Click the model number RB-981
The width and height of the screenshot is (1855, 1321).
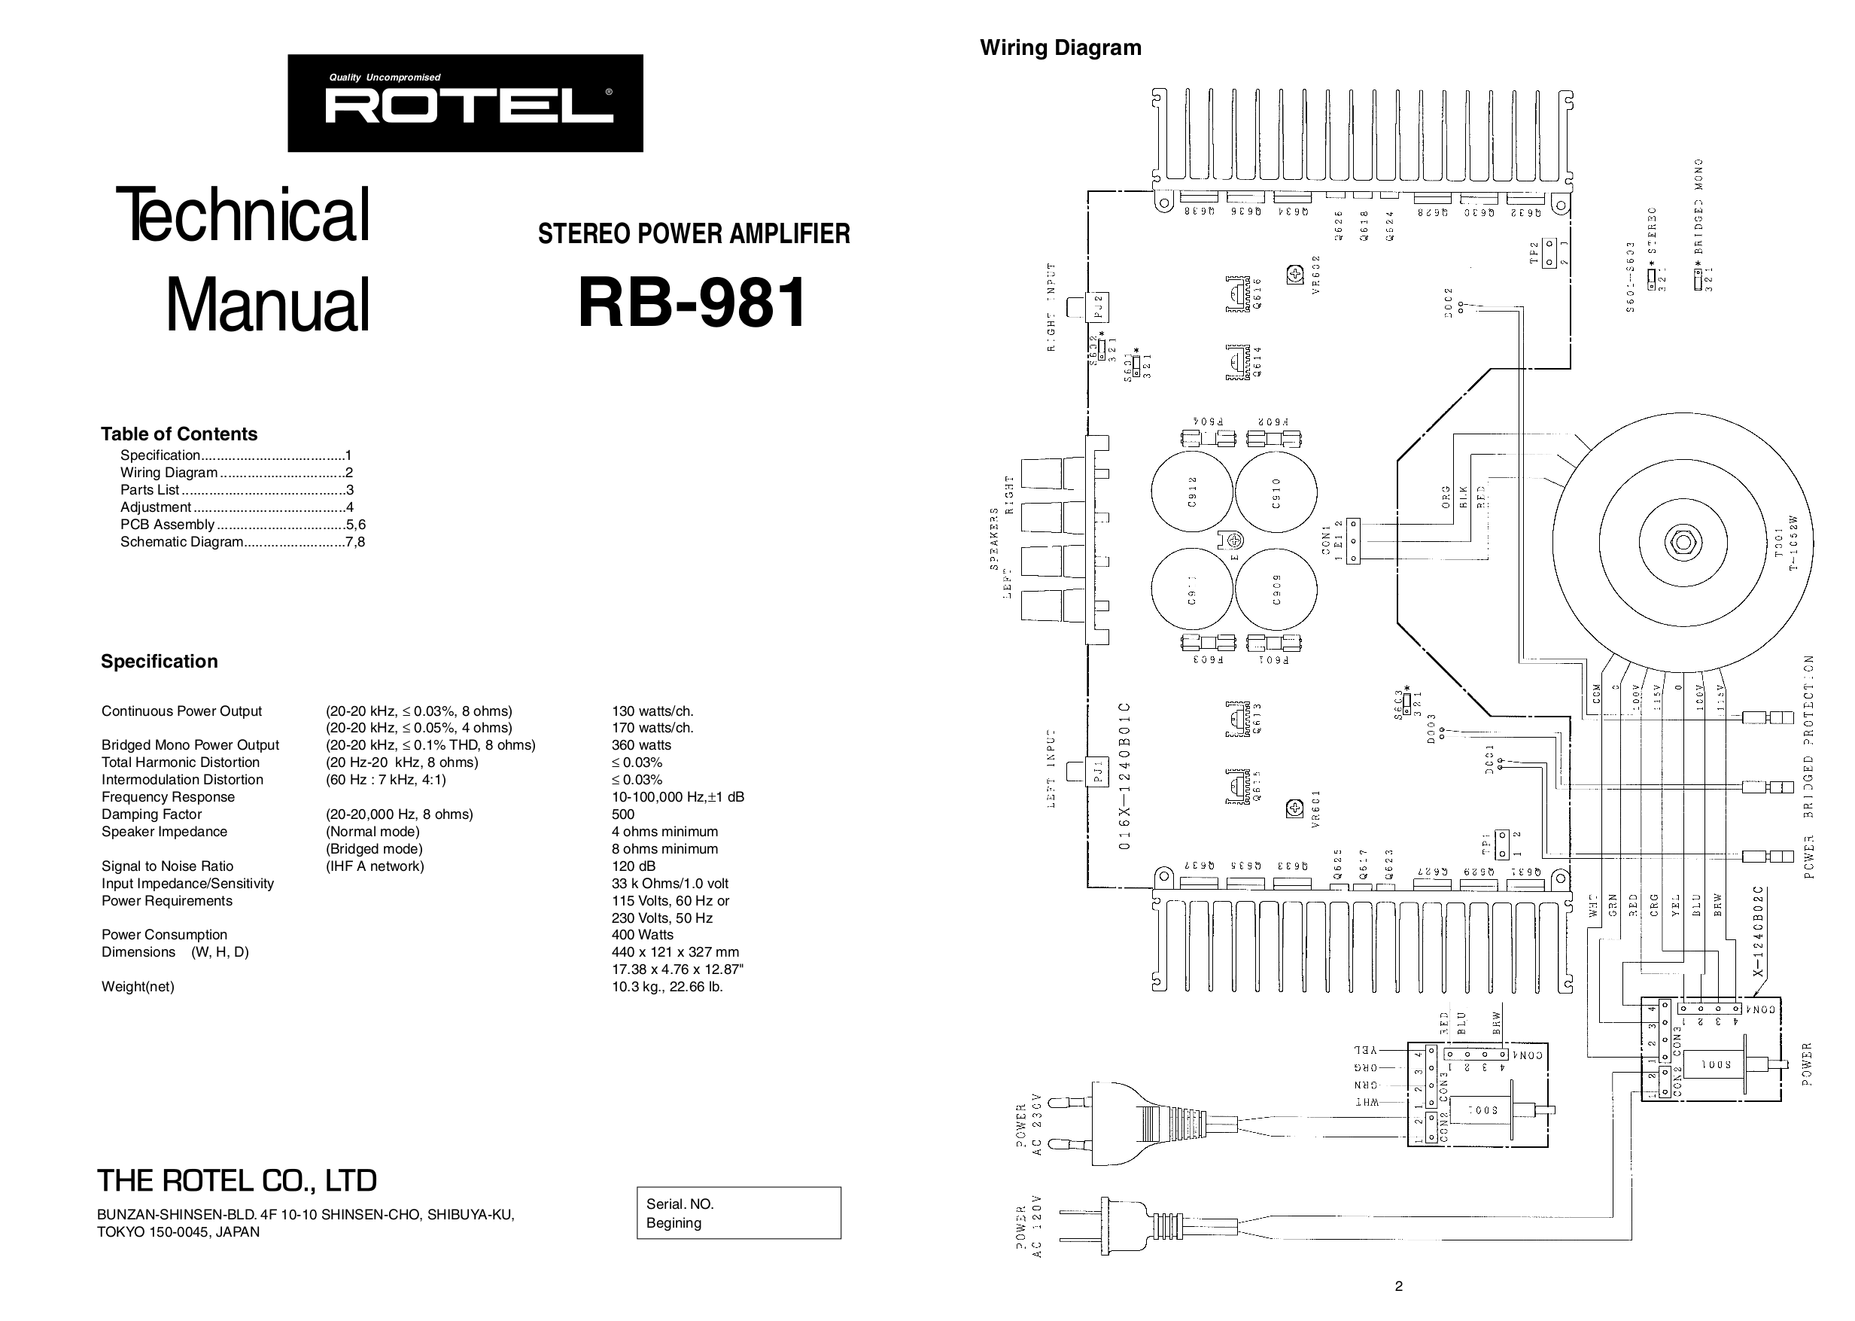coord(693,303)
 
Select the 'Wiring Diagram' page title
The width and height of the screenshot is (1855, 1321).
coord(1060,48)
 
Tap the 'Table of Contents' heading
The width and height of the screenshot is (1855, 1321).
coord(179,434)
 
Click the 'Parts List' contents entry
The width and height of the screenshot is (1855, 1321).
coord(150,490)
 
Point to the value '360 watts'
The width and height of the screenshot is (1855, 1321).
coord(641,745)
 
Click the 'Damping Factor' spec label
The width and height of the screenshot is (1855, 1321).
coord(151,814)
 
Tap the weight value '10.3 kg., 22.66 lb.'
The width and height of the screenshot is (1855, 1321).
coord(667,987)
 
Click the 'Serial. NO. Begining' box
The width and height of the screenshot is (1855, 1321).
coord(738,1213)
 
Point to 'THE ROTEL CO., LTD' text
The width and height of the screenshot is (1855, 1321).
coord(236,1180)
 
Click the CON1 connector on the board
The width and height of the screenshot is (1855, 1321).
coord(1353,541)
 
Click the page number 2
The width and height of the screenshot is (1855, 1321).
coord(1398,1286)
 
